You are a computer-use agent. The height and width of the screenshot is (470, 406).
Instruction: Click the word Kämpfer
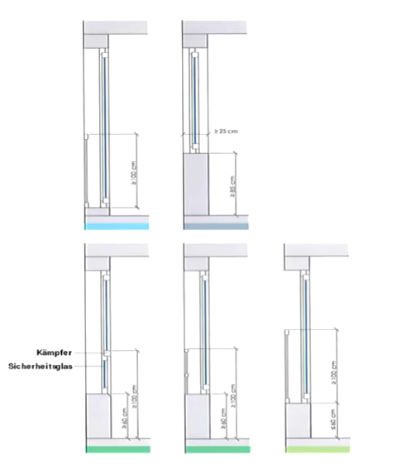tap(59, 352)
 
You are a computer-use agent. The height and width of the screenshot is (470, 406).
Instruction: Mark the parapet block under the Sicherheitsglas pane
tap(98, 418)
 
